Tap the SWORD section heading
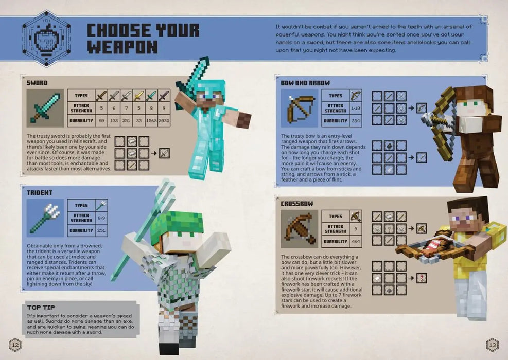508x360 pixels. click(x=37, y=82)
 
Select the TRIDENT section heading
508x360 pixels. click(x=40, y=192)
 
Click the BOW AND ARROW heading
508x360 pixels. click(x=305, y=82)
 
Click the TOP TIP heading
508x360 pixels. click(x=41, y=307)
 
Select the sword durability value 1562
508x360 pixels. click(x=151, y=121)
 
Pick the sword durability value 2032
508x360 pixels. click(x=164, y=121)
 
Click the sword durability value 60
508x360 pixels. click(x=102, y=121)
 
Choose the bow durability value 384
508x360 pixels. click(x=356, y=121)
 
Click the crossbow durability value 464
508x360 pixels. click(x=355, y=242)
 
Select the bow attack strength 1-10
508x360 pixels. click(x=356, y=109)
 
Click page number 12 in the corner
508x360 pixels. click(x=15, y=344)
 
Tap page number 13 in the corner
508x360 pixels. click(x=493, y=344)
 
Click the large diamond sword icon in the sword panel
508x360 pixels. click(x=45, y=108)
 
